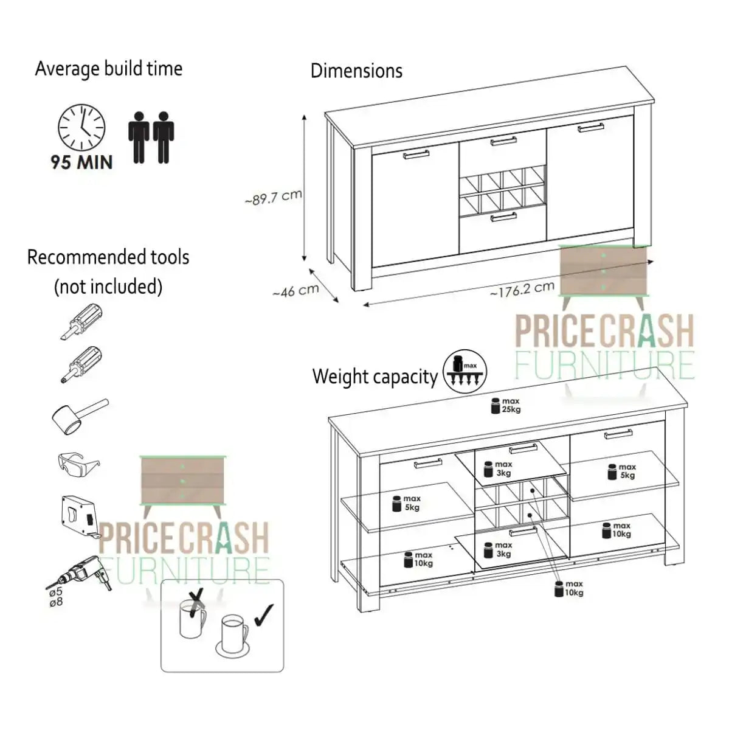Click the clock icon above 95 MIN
(x=81, y=128)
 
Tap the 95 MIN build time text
(x=81, y=162)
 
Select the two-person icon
(x=151, y=137)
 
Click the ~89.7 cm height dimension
(x=274, y=197)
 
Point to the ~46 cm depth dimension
(x=295, y=291)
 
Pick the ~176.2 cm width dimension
(x=522, y=289)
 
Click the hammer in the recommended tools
(x=79, y=415)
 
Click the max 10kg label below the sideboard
(x=570, y=588)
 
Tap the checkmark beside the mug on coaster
(x=263, y=615)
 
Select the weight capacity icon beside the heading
(x=465, y=371)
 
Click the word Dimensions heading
(x=356, y=71)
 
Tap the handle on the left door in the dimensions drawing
(x=416, y=155)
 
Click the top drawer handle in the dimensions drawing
(x=503, y=141)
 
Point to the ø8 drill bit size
(x=55, y=602)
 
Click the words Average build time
(x=109, y=69)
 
